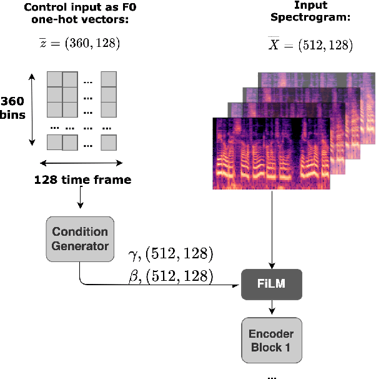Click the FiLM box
coord(272,284)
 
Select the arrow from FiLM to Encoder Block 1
coord(272,307)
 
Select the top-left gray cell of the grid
coord(54,79)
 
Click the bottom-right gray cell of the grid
coord(109,143)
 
